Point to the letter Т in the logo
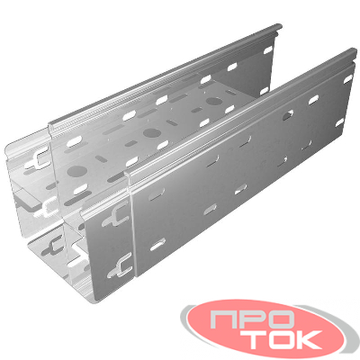coord(251,339)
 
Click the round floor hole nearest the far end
coord(214,102)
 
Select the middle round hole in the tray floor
coord(152,132)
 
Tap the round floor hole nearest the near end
coord(77,171)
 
